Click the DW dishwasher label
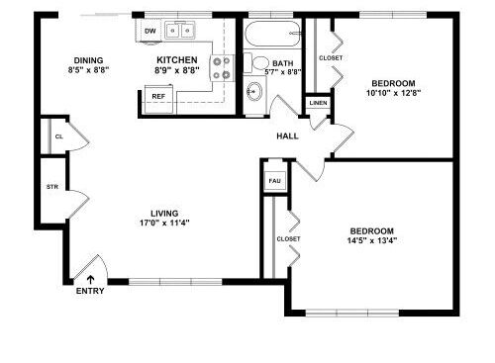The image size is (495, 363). (150, 32)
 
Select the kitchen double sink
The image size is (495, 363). (179, 31)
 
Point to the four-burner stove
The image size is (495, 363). (222, 67)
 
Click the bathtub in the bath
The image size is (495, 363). (272, 34)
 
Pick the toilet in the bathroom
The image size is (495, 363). (256, 62)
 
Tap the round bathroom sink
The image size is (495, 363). (254, 90)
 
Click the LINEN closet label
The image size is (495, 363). (319, 103)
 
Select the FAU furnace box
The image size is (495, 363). (275, 181)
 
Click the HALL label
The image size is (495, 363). (287, 136)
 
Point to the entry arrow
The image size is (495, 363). (90, 280)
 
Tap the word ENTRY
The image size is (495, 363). (90, 291)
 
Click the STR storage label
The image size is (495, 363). (52, 187)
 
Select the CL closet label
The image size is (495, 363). (59, 136)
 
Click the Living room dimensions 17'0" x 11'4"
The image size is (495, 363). (164, 223)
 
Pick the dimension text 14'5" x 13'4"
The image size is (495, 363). (372, 240)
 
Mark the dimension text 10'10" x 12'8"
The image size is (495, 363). (393, 93)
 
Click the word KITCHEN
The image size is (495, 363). (177, 60)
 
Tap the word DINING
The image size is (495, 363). (88, 60)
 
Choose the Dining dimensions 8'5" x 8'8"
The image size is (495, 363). (88, 70)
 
